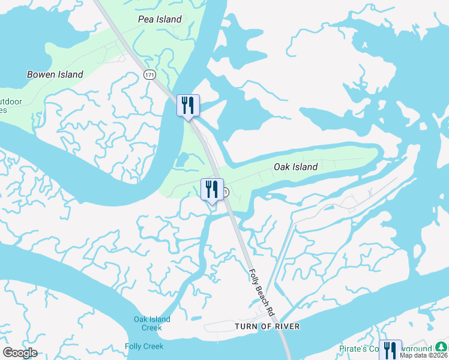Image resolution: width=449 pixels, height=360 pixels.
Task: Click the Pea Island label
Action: pyautogui.click(x=160, y=19)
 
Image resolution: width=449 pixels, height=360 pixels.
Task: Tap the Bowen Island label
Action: pyautogui.click(x=55, y=75)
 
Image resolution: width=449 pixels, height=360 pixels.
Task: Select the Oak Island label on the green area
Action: pyautogui.click(x=295, y=167)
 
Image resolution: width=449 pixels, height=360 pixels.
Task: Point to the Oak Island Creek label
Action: pyautogui.click(x=152, y=323)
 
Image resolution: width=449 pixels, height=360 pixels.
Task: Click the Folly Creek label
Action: pyautogui.click(x=144, y=346)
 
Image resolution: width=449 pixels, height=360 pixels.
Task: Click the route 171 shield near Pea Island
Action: pyautogui.click(x=149, y=74)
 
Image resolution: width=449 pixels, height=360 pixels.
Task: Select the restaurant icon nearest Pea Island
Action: pyautogui.click(x=188, y=106)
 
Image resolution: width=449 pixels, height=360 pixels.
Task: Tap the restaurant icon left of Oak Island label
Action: pyautogui.click(x=212, y=190)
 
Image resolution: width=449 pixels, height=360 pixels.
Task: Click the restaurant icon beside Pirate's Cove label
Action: pyautogui.click(x=390, y=350)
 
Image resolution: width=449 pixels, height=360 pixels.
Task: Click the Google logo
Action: pyautogui.click(x=20, y=353)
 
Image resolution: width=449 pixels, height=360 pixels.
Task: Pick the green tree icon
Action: pyautogui.click(x=442, y=347)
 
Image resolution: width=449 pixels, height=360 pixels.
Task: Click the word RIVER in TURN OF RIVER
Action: pyautogui.click(x=285, y=326)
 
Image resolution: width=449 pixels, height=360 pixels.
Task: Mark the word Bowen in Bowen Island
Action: pyautogui.click(x=41, y=75)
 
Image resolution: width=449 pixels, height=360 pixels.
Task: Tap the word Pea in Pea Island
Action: pyautogui.click(x=146, y=19)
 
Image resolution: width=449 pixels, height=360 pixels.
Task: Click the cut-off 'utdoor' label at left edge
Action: pyautogui.click(x=11, y=102)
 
